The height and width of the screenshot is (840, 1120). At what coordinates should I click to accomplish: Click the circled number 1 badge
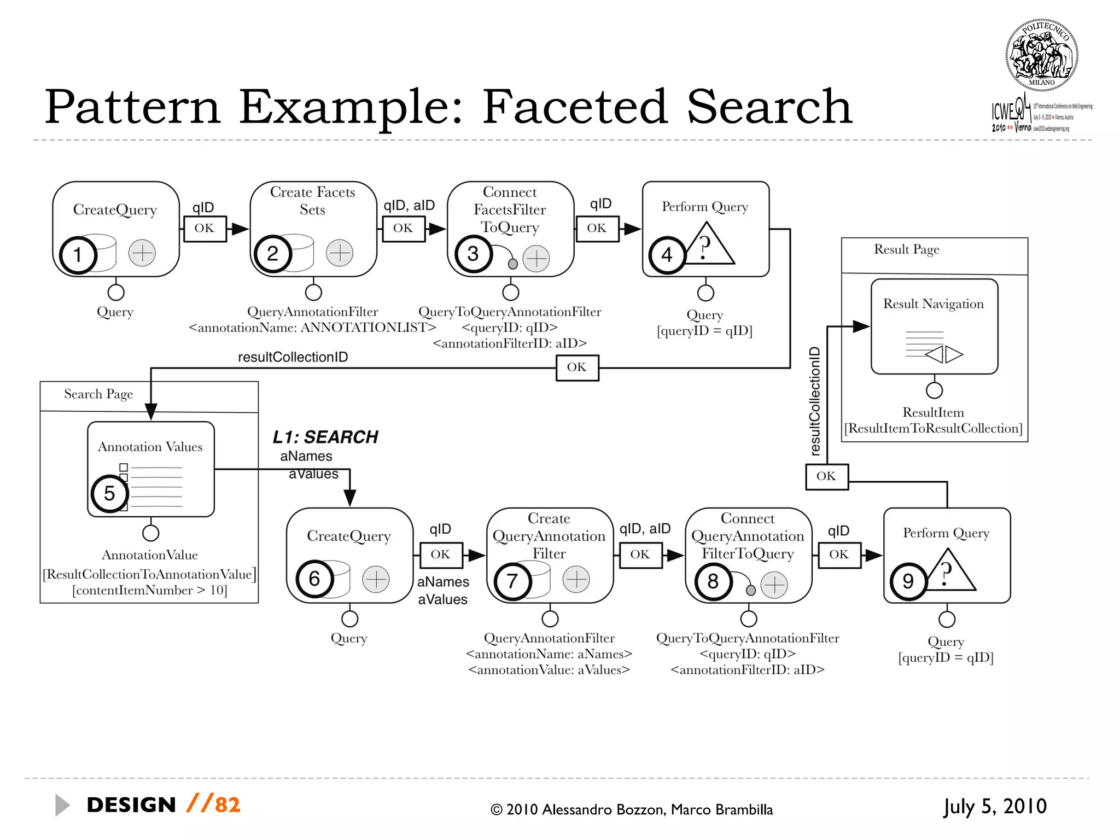78,255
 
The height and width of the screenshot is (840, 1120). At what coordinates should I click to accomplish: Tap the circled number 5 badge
109,493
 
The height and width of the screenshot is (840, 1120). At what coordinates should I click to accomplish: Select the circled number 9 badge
908,581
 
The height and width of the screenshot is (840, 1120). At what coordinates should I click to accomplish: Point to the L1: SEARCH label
325,437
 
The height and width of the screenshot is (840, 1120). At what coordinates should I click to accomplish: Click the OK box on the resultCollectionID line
577,367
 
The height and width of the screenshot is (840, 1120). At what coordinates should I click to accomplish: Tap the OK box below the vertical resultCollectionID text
826,476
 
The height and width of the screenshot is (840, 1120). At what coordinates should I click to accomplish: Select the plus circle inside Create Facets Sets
340,253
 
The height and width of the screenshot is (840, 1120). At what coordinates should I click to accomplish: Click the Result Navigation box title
933,304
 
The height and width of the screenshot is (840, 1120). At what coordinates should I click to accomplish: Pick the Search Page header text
98,394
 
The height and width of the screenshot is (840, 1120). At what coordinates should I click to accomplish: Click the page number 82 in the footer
227,805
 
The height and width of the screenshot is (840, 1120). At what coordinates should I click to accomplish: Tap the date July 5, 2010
995,807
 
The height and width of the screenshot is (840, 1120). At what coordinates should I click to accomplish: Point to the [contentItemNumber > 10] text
149,590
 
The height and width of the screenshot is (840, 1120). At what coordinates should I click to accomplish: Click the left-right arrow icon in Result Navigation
944,354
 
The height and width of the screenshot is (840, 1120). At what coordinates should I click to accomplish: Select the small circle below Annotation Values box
150,533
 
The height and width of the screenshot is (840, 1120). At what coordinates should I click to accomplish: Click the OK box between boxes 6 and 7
441,555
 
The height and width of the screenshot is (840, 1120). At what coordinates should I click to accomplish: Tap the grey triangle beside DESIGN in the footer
62,805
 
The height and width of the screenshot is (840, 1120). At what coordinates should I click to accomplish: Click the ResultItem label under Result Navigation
933,412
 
